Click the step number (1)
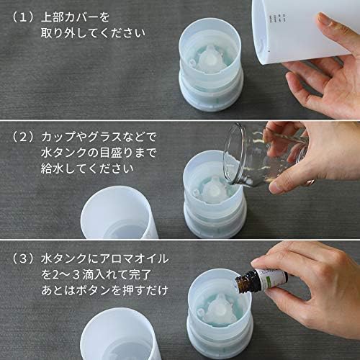click(23, 17)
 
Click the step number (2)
click(23, 137)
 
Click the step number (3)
click(23, 258)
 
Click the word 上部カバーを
click(75, 17)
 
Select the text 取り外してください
click(93, 33)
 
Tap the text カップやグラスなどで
click(99, 137)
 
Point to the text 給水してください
click(87, 168)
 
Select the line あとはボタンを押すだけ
click(104, 290)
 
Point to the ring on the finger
click(311, 181)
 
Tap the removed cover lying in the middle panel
click(120, 214)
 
